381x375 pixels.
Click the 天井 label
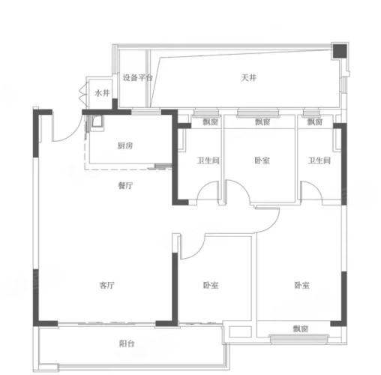[x=248, y=78]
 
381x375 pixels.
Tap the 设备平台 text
[x=137, y=77]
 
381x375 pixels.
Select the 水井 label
[x=102, y=93]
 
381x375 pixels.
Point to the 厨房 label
[x=124, y=145]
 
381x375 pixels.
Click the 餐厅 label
[x=125, y=185]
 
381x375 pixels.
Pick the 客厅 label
[x=106, y=285]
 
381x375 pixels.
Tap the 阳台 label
[x=127, y=343]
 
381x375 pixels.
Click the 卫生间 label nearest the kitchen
[x=208, y=160]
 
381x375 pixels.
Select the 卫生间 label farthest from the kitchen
[x=319, y=160]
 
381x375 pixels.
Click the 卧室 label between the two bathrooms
[x=262, y=160]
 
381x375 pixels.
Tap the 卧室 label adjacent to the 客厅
[x=211, y=285]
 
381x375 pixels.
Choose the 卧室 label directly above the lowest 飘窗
[x=301, y=285]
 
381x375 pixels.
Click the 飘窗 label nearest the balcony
[x=300, y=328]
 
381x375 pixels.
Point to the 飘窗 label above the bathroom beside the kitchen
[x=210, y=121]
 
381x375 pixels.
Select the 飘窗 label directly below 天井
[x=262, y=121]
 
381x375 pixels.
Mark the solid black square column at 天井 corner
[x=340, y=51]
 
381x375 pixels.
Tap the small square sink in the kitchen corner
[x=97, y=121]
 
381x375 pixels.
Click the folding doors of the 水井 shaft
[x=82, y=93]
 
